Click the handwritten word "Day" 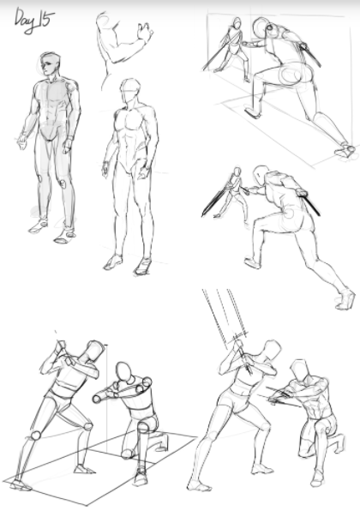25,21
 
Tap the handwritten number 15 45,19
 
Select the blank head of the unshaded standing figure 130,90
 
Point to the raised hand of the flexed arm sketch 145,32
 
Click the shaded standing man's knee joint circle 62,183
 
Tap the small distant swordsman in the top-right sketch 235,46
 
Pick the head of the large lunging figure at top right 262,27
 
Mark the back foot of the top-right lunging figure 345,150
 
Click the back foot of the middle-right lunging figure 345,299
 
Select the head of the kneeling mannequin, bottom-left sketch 124,372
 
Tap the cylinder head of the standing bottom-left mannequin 94,351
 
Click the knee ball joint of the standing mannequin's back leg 36,436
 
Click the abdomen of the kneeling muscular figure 315,410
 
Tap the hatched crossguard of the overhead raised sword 239,336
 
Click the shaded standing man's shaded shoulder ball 71,87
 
